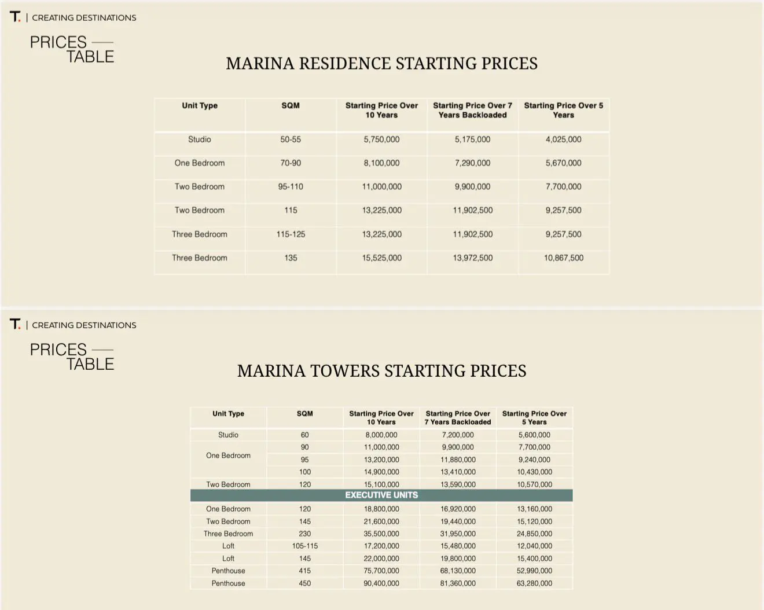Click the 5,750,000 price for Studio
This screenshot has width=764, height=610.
pyautogui.click(x=381, y=139)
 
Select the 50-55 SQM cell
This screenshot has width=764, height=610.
pyautogui.click(x=291, y=139)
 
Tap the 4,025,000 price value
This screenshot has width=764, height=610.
pyautogui.click(x=563, y=139)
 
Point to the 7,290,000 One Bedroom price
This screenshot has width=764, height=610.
pyautogui.click(x=472, y=163)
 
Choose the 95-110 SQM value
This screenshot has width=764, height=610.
pyautogui.click(x=291, y=187)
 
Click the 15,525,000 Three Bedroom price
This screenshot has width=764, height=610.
pyautogui.click(x=381, y=258)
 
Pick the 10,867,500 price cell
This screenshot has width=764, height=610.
pyautogui.click(x=563, y=258)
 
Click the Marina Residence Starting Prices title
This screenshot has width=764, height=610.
pyautogui.click(x=381, y=63)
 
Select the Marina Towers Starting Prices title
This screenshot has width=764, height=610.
pyautogui.click(x=381, y=370)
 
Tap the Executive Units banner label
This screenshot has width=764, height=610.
pyautogui.click(x=381, y=495)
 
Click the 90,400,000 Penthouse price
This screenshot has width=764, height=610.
pyautogui.click(x=381, y=583)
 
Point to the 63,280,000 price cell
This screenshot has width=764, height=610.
pyautogui.click(x=534, y=583)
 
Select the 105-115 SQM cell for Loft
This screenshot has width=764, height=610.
pyautogui.click(x=305, y=546)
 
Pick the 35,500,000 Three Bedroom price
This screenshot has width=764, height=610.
pyautogui.click(x=381, y=534)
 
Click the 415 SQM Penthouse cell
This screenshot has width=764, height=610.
pyautogui.click(x=305, y=571)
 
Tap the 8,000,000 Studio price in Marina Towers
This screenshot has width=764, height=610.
pyautogui.click(x=381, y=435)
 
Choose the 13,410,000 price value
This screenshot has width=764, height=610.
pyautogui.click(x=458, y=472)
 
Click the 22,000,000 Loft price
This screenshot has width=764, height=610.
pyautogui.click(x=381, y=558)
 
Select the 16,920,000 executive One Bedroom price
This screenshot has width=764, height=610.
pyautogui.click(x=458, y=509)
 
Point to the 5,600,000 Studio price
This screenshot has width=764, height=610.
pyautogui.click(x=534, y=435)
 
